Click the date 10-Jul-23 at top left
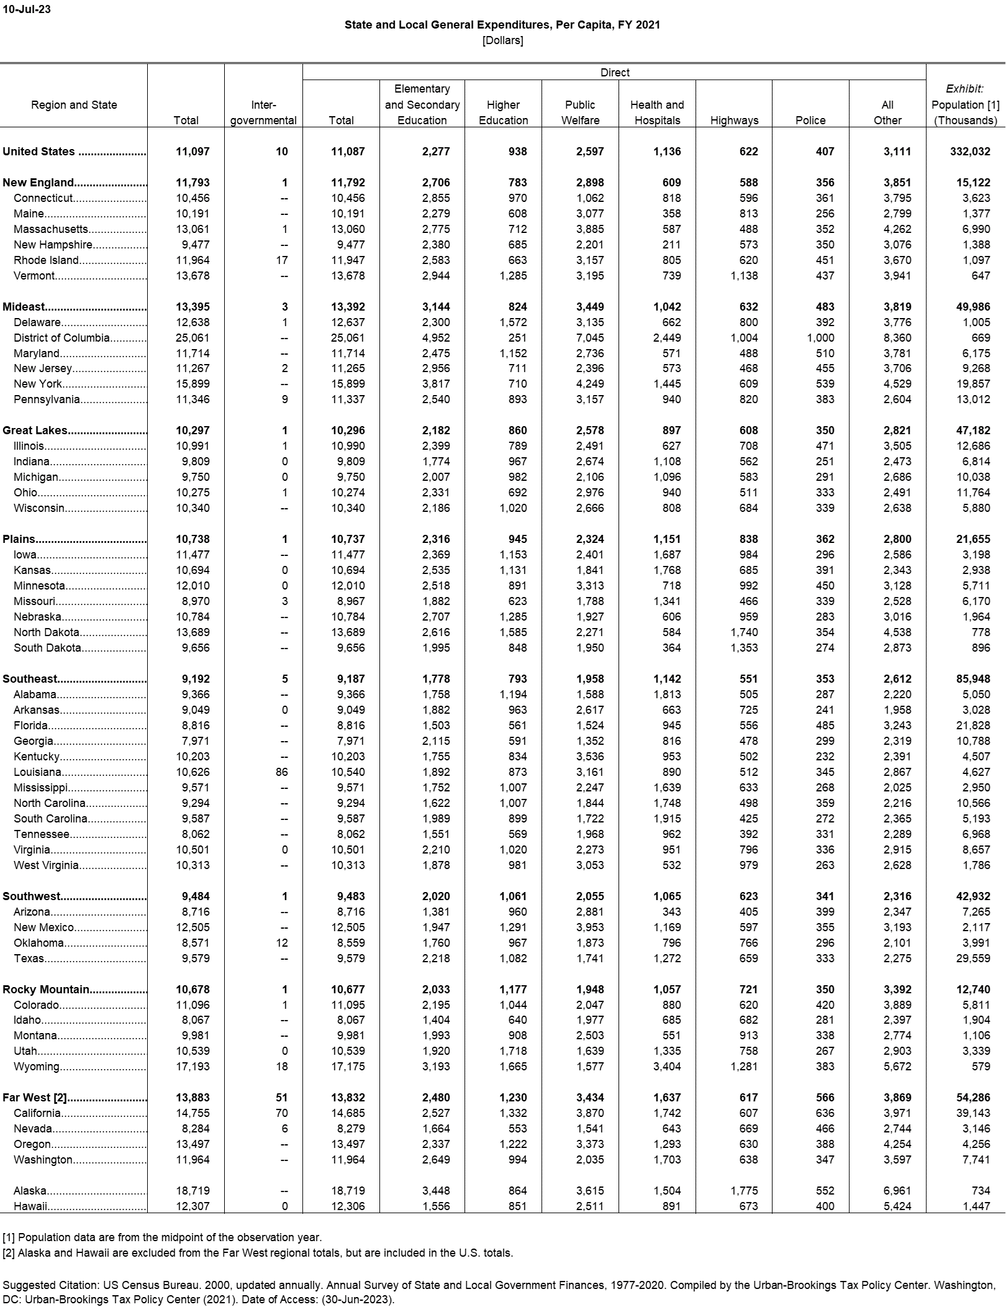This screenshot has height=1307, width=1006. pyautogui.click(x=27, y=9)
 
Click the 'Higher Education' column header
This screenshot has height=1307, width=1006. pyautogui.click(x=503, y=112)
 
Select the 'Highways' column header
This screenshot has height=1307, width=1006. pyautogui.click(x=734, y=121)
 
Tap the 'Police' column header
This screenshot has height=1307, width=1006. pyautogui.click(x=810, y=121)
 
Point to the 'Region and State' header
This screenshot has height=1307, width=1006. pyautogui.click(x=74, y=105)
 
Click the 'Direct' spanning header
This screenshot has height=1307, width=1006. pyautogui.click(x=614, y=73)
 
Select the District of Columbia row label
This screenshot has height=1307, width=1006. pyautogui.click(x=61, y=338)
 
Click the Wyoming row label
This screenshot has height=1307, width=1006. pyautogui.click(x=37, y=1067)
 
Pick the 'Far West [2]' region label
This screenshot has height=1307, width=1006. pyautogui.click(x=35, y=1098)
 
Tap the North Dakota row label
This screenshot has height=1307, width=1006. pyautogui.click(x=47, y=632)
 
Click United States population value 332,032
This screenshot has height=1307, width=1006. pyautogui.click(x=970, y=152)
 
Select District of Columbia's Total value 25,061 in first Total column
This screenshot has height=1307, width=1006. pyautogui.click(x=193, y=338)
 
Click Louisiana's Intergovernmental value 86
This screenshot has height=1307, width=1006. pyautogui.click(x=281, y=772)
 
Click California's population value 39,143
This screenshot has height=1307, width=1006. pyautogui.click(x=973, y=1113)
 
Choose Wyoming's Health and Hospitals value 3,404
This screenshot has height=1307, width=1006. pyautogui.click(x=667, y=1067)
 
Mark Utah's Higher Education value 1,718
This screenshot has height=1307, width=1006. pyautogui.click(x=512, y=1051)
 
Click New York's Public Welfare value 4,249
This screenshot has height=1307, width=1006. pyautogui.click(x=589, y=384)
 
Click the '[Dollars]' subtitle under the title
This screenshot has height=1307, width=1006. pyautogui.click(x=502, y=41)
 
